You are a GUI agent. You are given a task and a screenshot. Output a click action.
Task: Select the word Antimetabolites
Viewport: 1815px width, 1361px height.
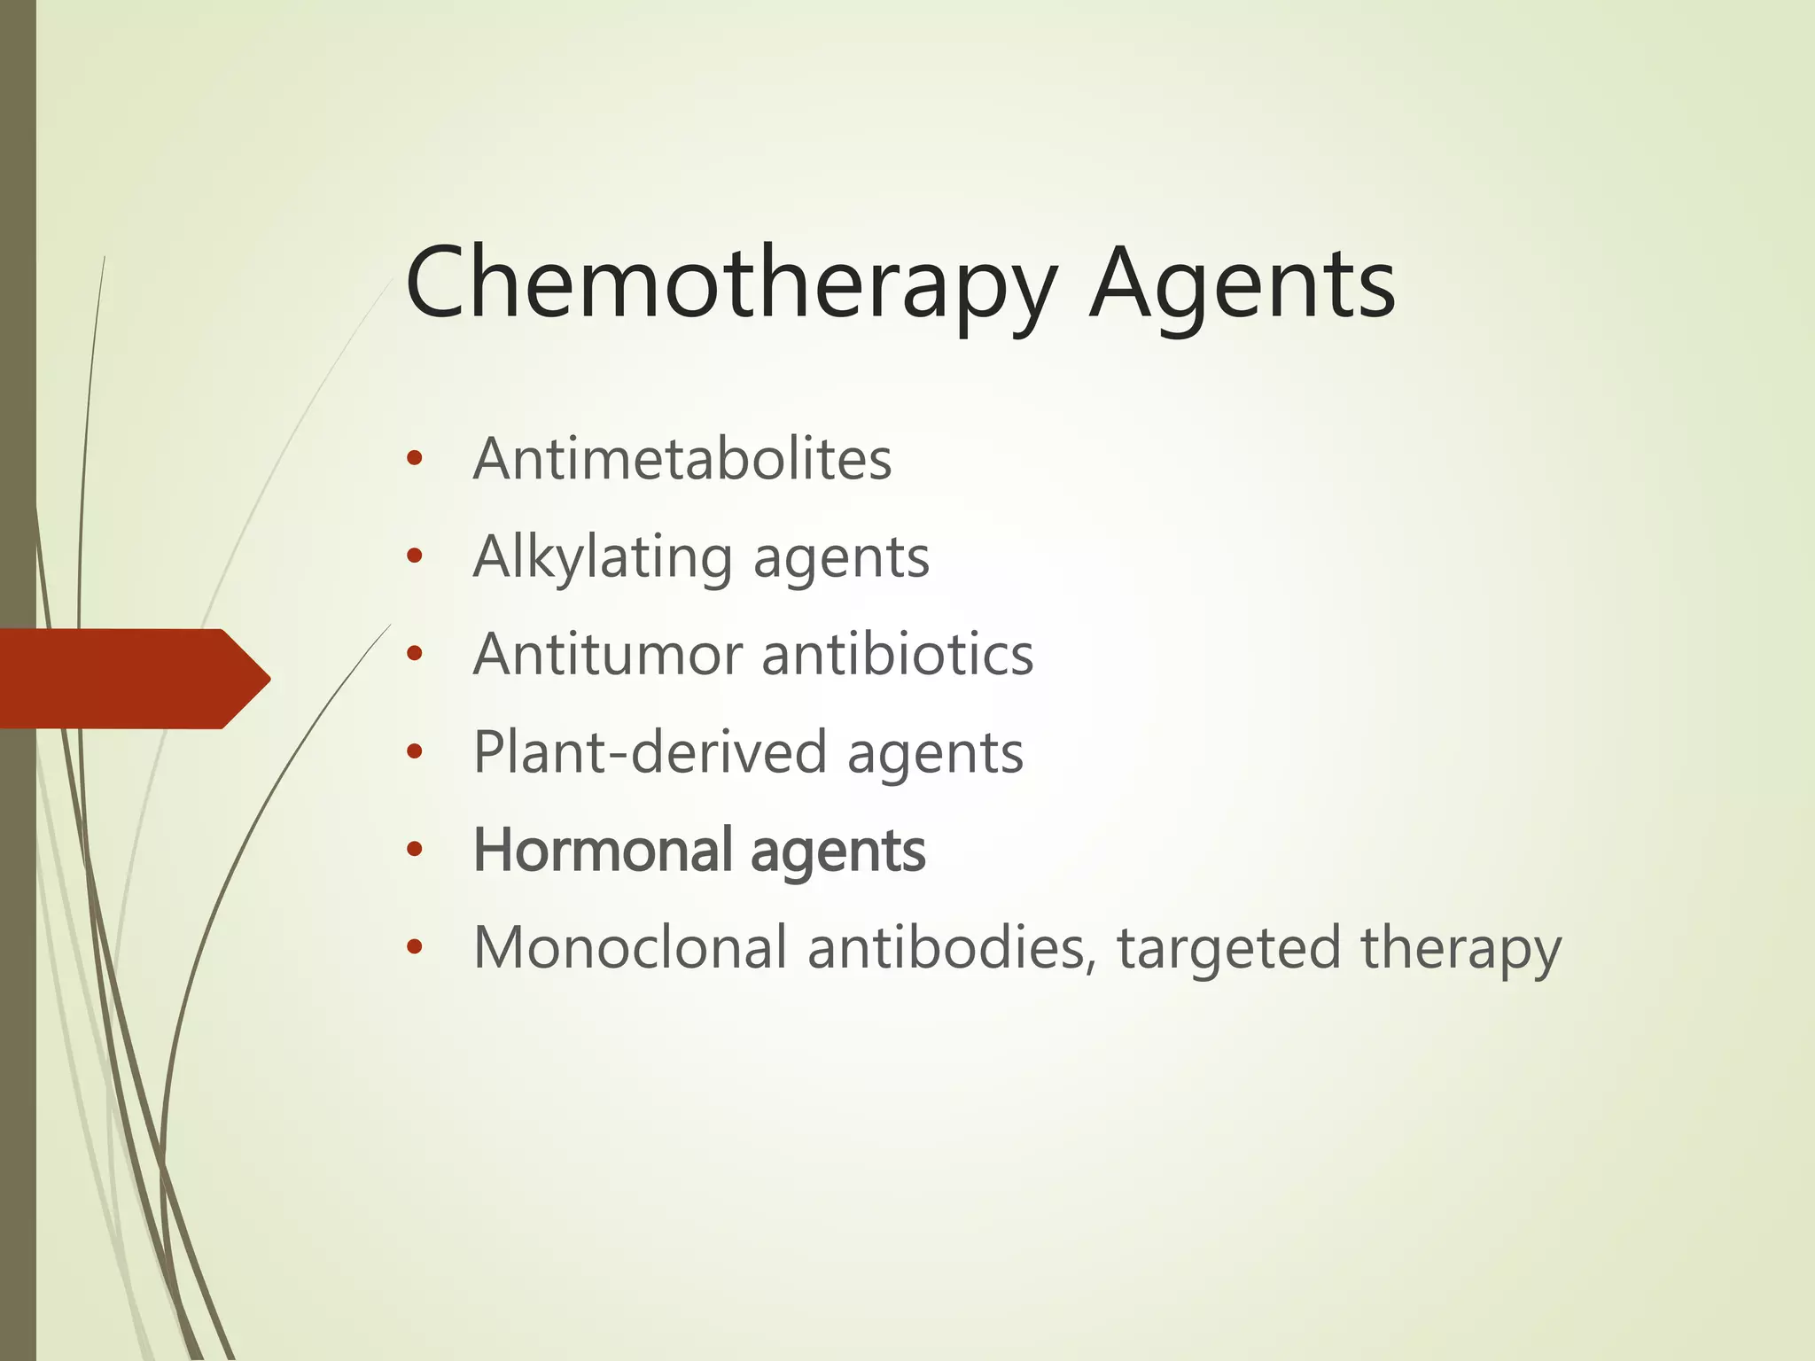(682, 459)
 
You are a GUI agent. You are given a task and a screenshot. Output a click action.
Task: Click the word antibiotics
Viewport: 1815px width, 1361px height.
(897, 655)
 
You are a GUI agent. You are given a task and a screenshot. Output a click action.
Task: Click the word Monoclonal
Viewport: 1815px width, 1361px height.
(630, 947)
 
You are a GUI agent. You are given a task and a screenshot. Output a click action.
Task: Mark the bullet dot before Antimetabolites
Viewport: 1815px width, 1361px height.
(413, 459)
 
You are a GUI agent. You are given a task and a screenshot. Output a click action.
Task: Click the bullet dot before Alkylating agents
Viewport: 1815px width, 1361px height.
(413, 557)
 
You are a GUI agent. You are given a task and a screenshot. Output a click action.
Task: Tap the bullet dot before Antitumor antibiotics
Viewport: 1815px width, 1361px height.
(413, 655)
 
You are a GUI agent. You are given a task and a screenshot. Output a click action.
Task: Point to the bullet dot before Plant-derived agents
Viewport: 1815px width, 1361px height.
(413, 752)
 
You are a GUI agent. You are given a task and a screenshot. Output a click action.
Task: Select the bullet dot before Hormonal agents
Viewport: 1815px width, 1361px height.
(413, 850)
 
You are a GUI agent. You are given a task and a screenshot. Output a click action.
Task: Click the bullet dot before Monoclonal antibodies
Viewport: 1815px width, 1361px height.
(413, 947)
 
